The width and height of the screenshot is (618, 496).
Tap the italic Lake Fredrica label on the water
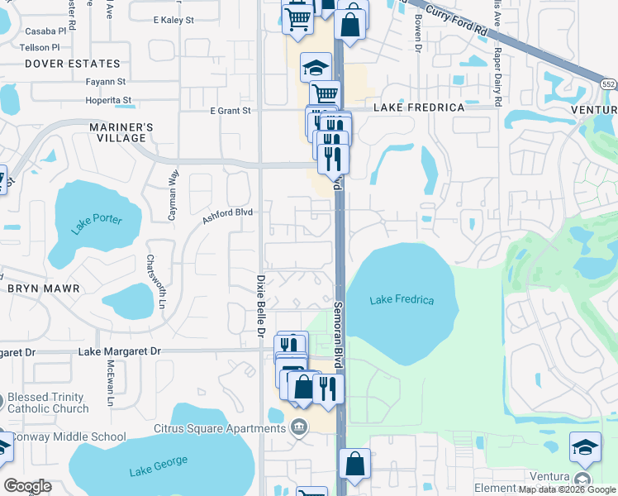[402, 300]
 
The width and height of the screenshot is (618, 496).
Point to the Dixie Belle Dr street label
[259, 307]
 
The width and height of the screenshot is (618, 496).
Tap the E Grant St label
[230, 111]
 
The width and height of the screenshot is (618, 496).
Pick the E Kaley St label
[173, 19]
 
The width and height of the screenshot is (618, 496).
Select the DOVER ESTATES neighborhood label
[72, 63]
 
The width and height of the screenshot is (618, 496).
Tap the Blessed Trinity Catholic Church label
[47, 403]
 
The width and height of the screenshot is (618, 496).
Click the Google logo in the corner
[27, 486]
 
